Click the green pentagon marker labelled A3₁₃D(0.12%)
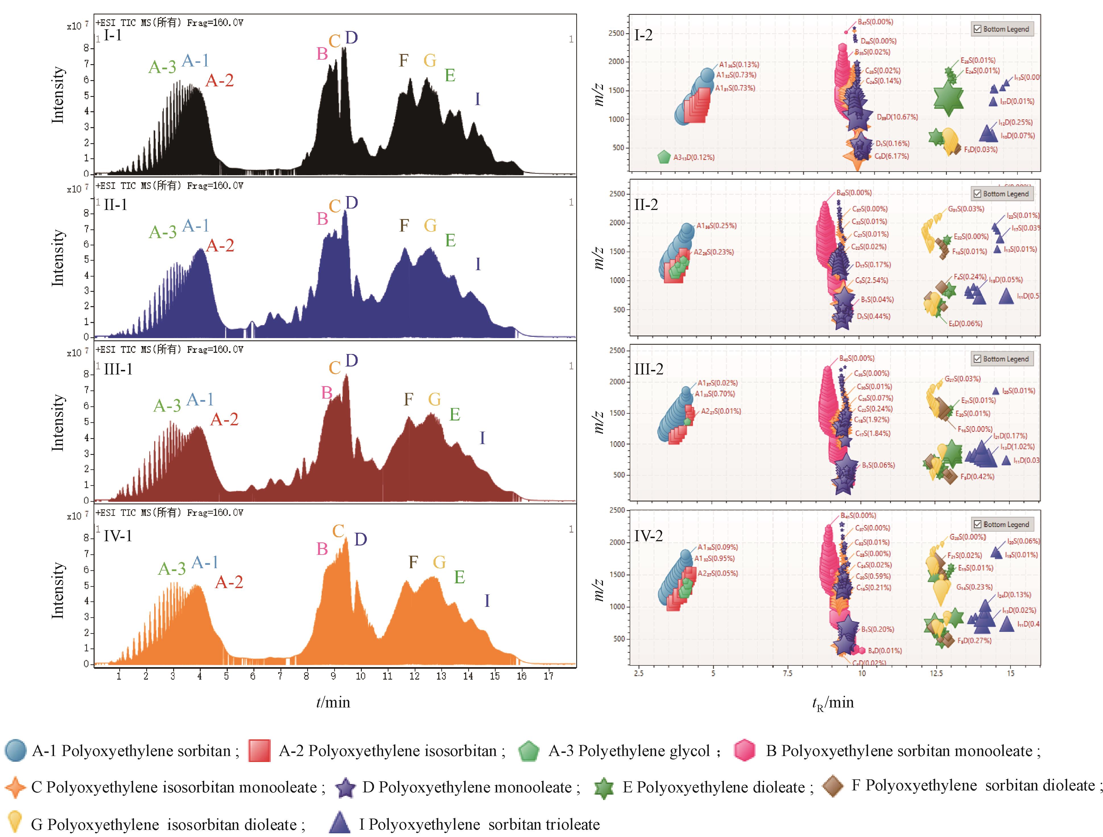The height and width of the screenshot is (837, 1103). pos(664,157)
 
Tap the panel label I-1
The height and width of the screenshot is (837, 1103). pos(113,35)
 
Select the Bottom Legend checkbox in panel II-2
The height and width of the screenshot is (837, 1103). pos(977,194)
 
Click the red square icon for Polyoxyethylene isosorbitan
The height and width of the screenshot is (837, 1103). pos(259,750)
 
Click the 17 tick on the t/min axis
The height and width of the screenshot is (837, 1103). pos(548,676)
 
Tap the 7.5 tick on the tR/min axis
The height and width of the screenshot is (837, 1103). pos(787,674)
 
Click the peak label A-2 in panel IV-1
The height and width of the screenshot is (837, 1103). pos(229,582)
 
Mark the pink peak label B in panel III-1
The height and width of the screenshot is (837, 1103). pos(327,393)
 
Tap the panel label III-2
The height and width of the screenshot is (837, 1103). pos(649,369)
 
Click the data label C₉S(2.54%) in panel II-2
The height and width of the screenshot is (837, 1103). pos(872,280)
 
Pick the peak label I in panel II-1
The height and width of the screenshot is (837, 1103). pos(478,264)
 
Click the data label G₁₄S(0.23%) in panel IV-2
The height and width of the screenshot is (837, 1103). pos(974,587)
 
